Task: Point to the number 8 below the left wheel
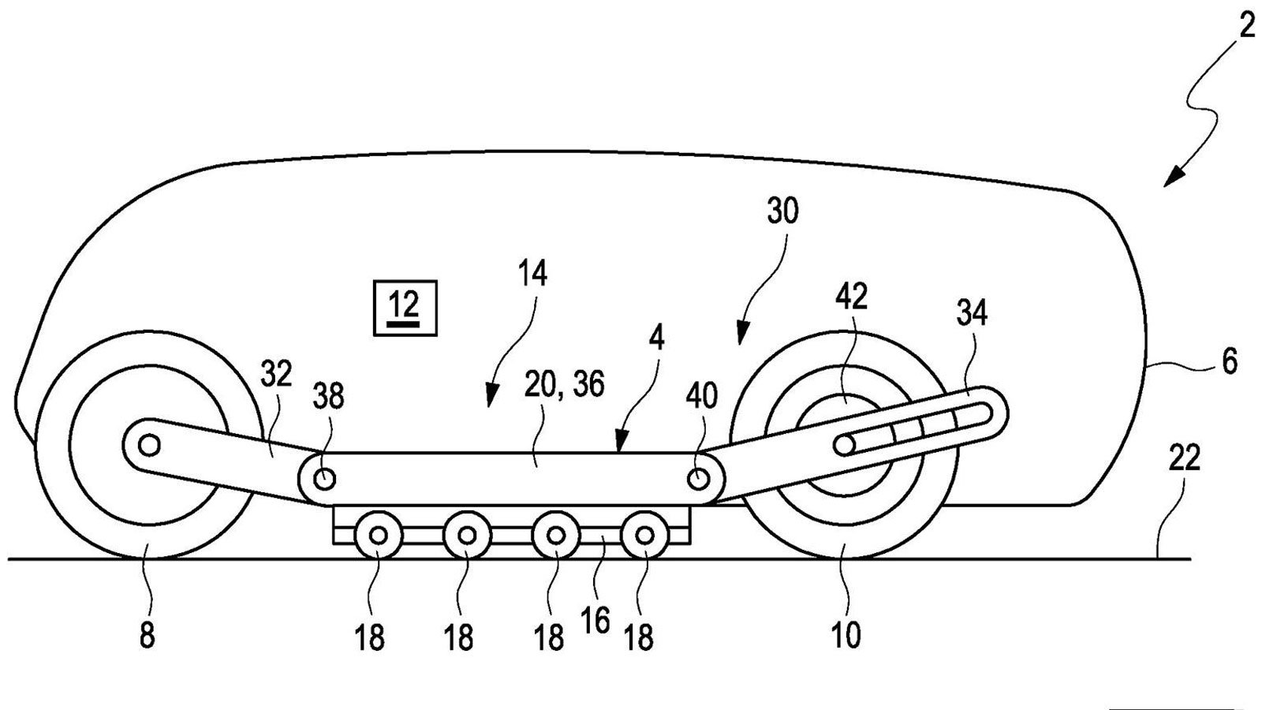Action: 147,636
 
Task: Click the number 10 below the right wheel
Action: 846,636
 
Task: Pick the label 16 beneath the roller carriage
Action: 596,622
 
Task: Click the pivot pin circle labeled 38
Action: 324,478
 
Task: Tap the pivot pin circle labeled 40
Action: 698,478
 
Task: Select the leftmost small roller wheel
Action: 379,536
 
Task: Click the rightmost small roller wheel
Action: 645,536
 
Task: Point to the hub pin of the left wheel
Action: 147,446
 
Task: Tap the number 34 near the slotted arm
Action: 972,315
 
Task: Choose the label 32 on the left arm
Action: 277,374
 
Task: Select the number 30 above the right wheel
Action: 782,211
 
